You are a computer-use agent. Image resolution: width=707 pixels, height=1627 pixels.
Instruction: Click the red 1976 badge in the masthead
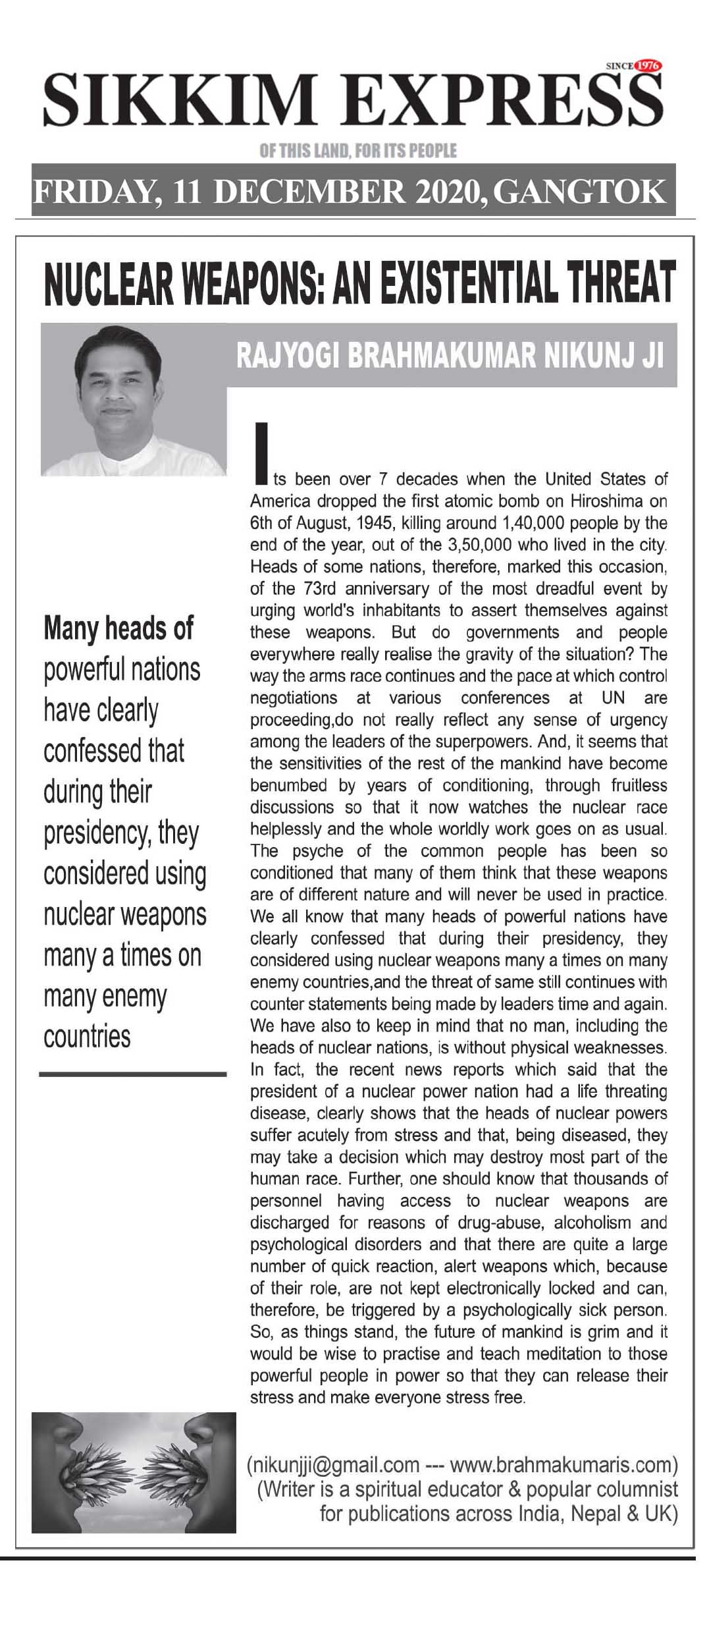point(649,66)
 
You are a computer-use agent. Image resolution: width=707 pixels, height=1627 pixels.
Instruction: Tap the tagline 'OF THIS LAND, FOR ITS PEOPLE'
point(357,151)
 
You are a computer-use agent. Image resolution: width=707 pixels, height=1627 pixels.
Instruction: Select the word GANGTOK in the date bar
point(579,192)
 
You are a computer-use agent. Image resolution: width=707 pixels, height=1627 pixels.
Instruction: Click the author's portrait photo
point(133,400)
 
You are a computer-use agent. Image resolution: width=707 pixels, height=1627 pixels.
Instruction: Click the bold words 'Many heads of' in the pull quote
point(118,628)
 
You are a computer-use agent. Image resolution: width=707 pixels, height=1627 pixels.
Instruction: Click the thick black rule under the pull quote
point(132,1074)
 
